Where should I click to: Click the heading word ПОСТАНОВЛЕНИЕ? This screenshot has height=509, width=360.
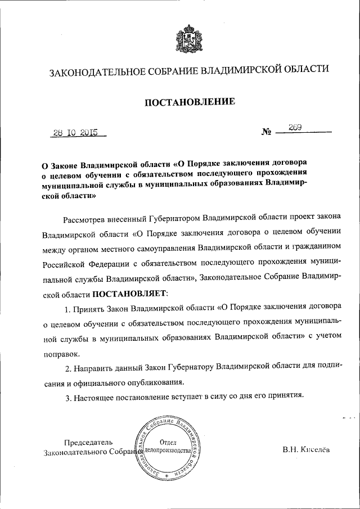tap(189, 102)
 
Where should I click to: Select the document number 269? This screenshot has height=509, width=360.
tap(296, 128)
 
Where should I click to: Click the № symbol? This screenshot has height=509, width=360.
tap(267, 133)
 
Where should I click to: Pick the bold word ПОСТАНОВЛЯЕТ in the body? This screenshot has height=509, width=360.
tap(130, 292)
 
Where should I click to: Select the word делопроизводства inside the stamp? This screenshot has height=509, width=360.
tap(168, 452)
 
